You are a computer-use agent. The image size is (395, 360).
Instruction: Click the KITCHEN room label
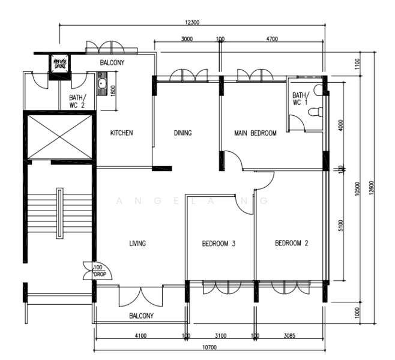tap(121, 133)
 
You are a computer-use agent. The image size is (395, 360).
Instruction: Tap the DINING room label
tap(182, 133)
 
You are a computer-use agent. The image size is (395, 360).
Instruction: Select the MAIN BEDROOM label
tap(255, 133)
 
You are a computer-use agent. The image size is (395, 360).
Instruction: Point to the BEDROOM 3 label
tap(218, 244)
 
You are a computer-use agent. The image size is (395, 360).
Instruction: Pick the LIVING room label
tap(137, 244)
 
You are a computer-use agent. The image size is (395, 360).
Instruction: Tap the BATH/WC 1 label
tap(299, 99)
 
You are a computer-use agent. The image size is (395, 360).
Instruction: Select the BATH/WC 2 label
tap(77, 101)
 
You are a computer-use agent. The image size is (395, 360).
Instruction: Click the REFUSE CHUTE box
tap(61, 64)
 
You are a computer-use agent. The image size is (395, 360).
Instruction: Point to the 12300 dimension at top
tap(192, 22)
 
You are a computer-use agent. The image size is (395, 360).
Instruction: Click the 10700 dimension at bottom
tap(209, 347)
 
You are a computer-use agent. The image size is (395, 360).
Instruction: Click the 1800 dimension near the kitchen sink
tap(112, 91)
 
